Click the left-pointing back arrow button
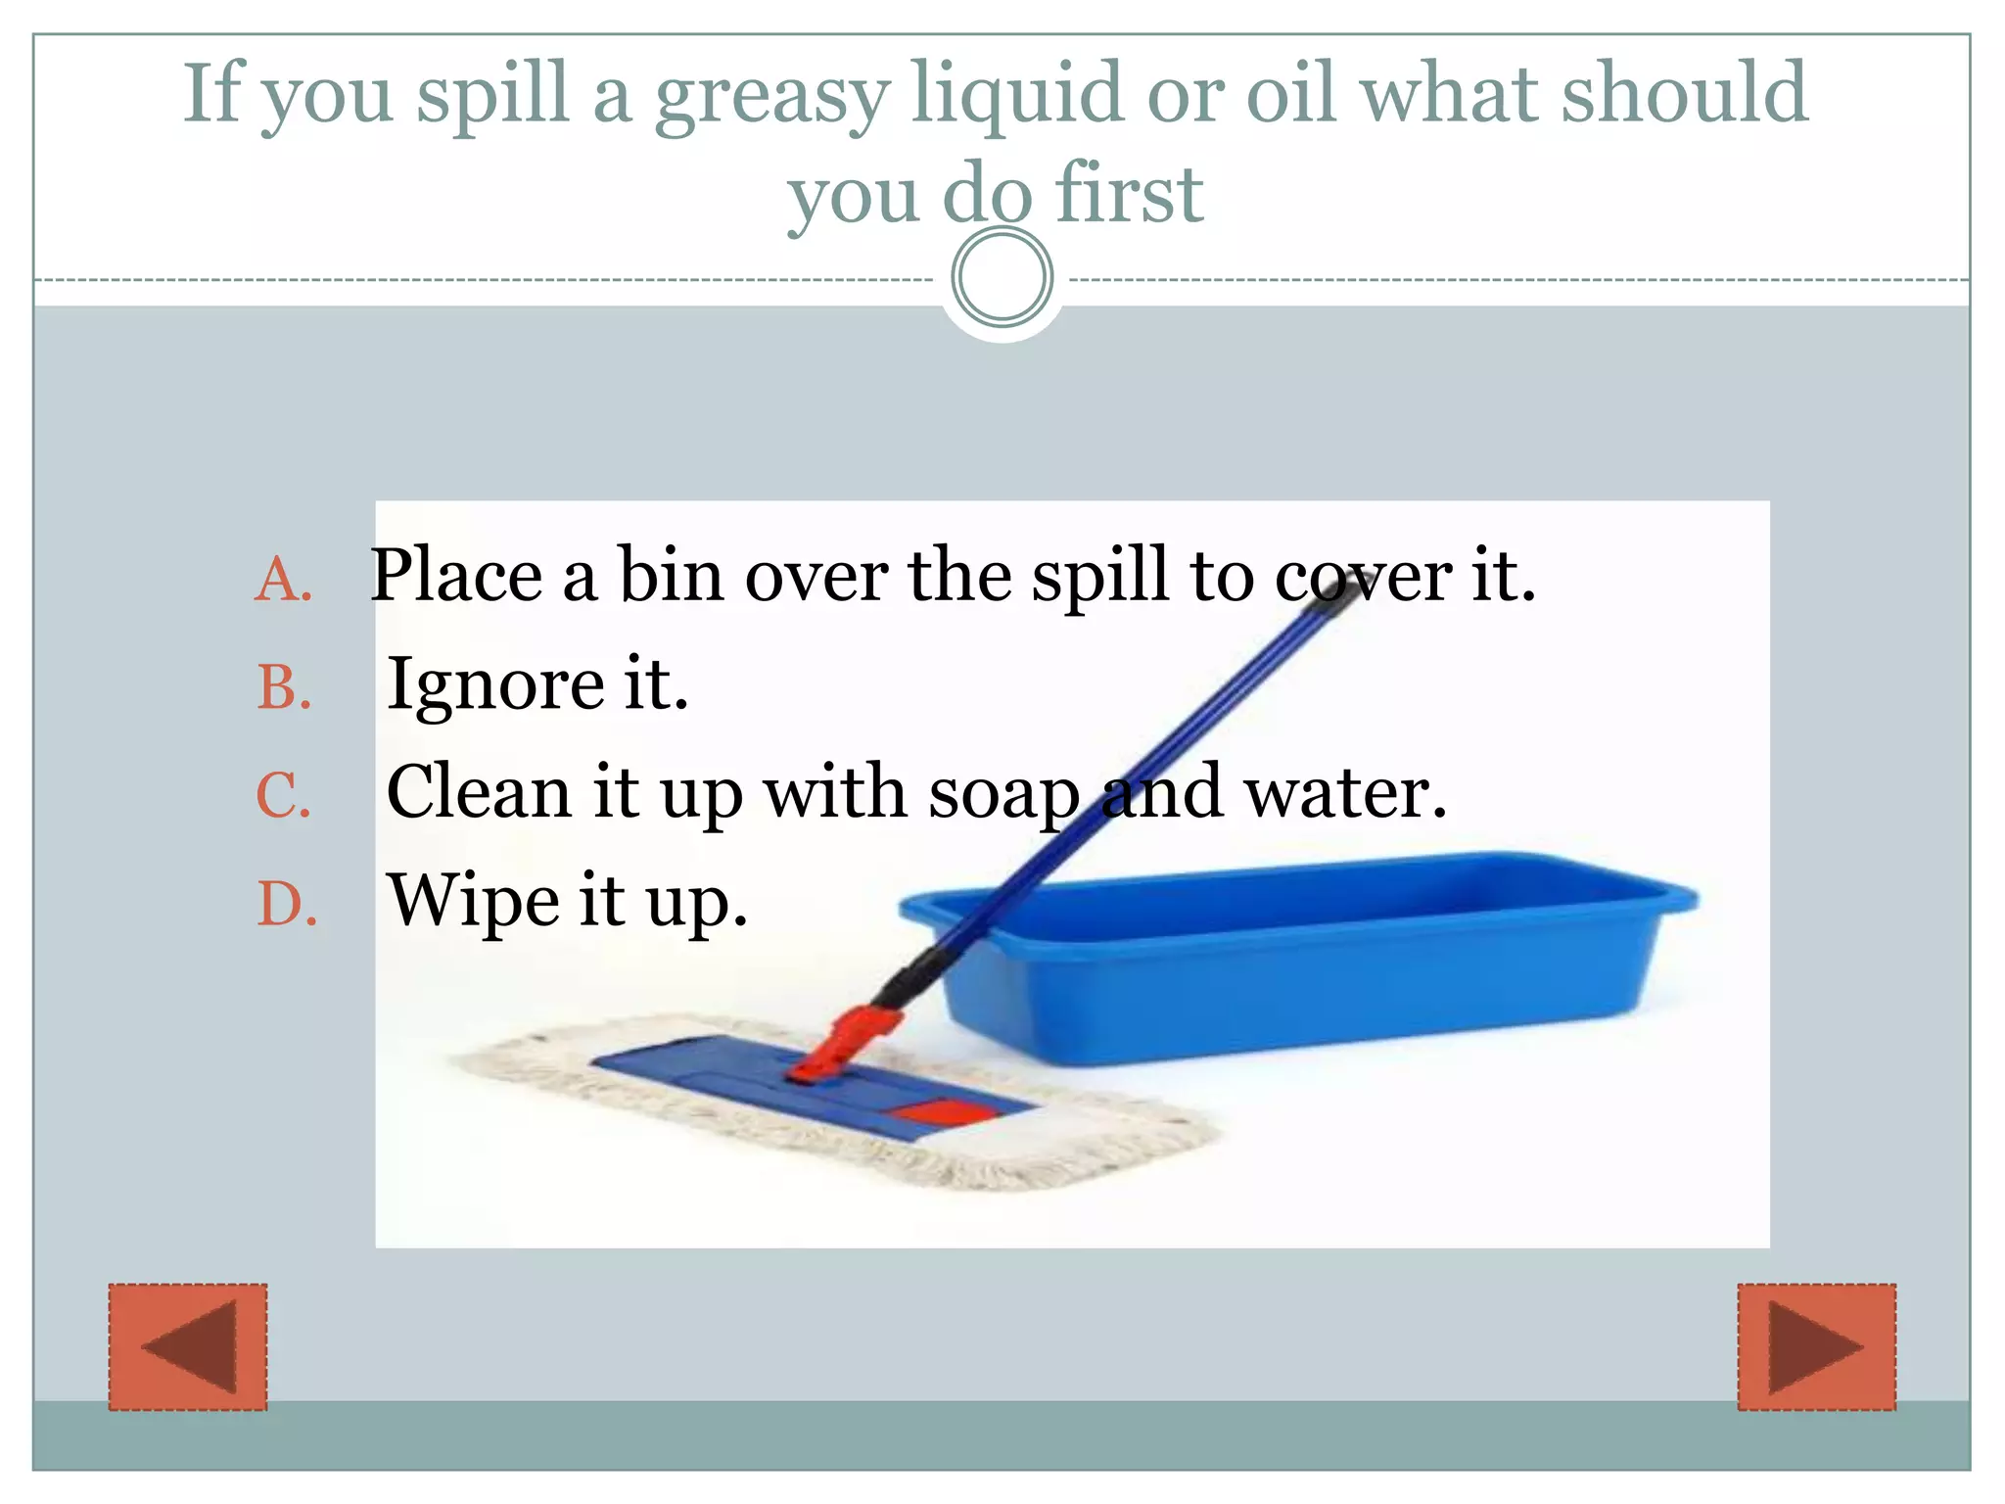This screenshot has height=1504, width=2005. (x=188, y=1346)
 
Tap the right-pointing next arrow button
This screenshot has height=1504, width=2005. (x=1816, y=1346)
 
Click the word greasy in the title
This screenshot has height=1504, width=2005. (x=771, y=96)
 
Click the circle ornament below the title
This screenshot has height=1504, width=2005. (x=1002, y=277)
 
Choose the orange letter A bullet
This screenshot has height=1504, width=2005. (x=284, y=579)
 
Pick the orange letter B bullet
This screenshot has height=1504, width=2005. (x=284, y=686)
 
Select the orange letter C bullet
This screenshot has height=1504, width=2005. (x=284, y=794)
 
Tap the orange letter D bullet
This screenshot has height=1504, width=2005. (x=286, y=903)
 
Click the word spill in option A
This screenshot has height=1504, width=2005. (x=1099, y=576)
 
